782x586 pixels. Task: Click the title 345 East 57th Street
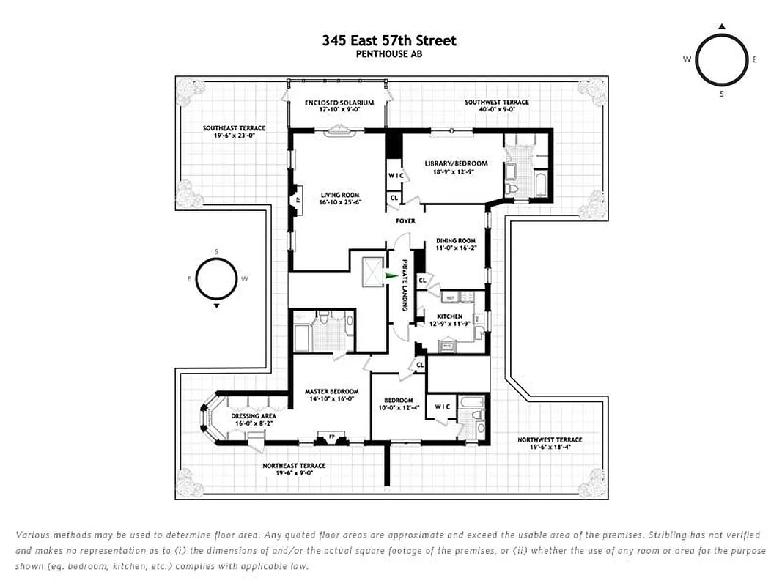coord(388,40)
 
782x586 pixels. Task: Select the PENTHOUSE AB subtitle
coord(388,53)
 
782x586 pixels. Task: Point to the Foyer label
coord(405,220)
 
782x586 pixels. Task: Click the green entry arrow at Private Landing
coord(392,276)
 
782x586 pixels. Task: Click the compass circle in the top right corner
coord(721,60)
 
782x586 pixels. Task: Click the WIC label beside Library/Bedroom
coord(395,175)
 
